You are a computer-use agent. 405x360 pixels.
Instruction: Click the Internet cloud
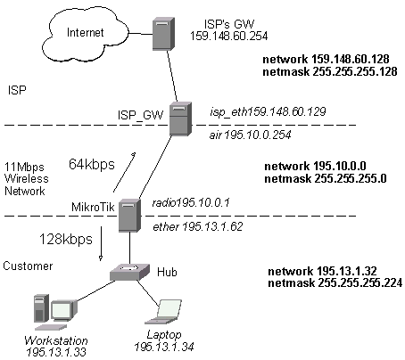click(86, 33)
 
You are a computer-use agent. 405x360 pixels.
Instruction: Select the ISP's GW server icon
click(163, 34)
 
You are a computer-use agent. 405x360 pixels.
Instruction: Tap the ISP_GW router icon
click(180, 119)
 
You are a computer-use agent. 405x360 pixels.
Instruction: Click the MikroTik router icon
click(129, 216)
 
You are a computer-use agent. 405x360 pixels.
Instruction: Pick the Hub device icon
click(129, 272)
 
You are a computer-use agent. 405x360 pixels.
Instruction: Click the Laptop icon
click(163, 312)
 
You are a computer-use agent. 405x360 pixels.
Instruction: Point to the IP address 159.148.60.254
click(229, 36)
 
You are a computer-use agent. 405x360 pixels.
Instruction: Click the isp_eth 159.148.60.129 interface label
click(268, 111)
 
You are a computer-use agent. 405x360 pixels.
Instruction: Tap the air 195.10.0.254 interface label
click(250, 135)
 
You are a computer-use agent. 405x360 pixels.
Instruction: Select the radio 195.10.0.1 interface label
click(191, 202)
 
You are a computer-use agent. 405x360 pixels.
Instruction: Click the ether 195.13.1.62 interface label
click(198, 226)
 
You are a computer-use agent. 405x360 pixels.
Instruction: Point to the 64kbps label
click(92, 164)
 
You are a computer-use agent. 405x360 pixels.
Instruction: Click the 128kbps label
click(66, 239)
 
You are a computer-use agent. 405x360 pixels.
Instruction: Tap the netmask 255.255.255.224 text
click(335, 282)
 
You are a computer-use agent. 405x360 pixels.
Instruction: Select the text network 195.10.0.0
click(315, 166)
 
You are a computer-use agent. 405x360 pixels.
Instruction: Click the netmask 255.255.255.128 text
click(330, 71)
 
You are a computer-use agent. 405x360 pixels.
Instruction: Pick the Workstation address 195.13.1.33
click(56, 352)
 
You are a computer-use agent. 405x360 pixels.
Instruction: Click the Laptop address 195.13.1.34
click(164, 347)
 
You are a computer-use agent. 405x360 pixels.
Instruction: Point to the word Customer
click(28, 266)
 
